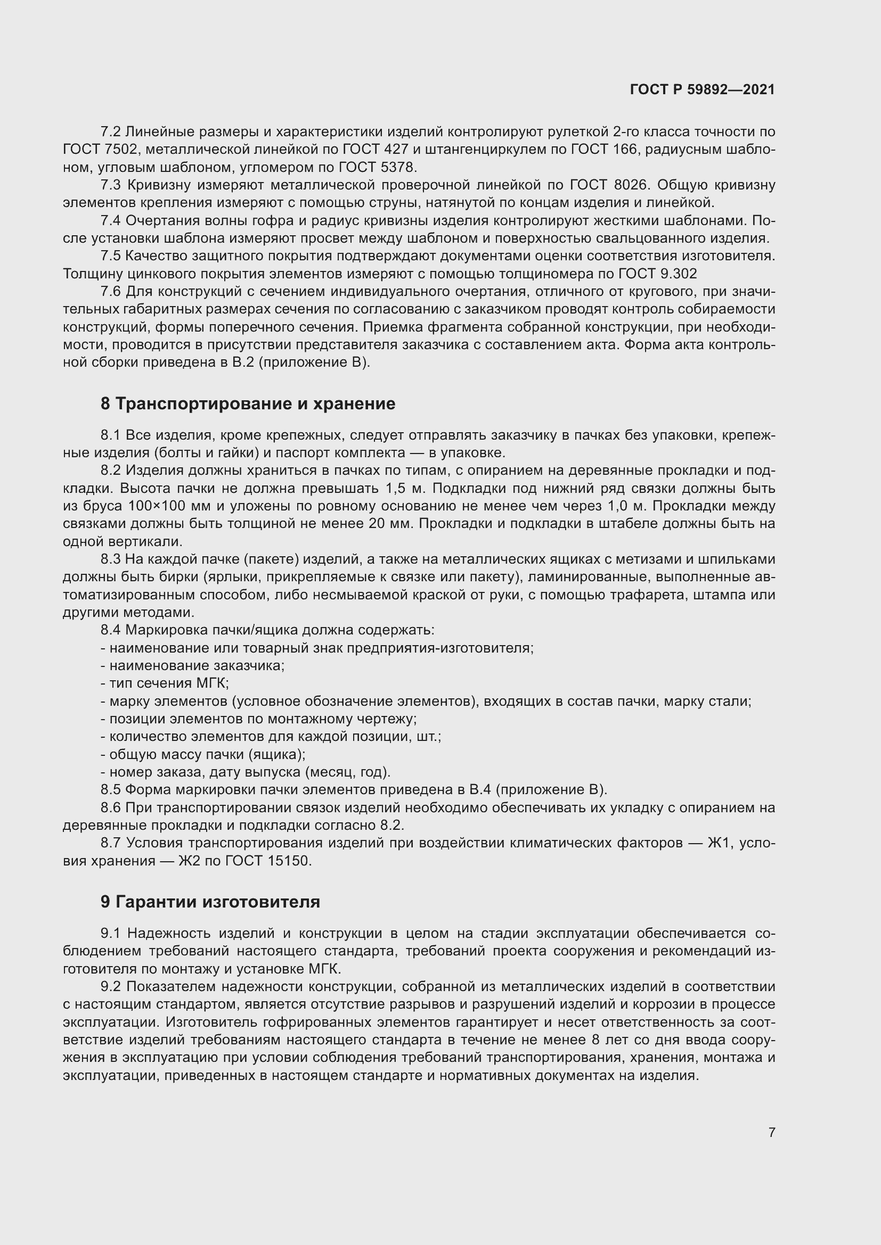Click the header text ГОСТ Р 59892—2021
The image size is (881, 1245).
pos(702,89)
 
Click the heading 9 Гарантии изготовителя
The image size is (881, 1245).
pos(210,901)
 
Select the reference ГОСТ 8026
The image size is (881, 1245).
pos(609,185)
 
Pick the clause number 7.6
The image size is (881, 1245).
pos(111,292)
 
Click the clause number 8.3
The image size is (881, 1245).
pos(111,559)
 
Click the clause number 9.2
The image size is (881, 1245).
pos(111,986)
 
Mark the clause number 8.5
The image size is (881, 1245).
pos(111,789)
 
